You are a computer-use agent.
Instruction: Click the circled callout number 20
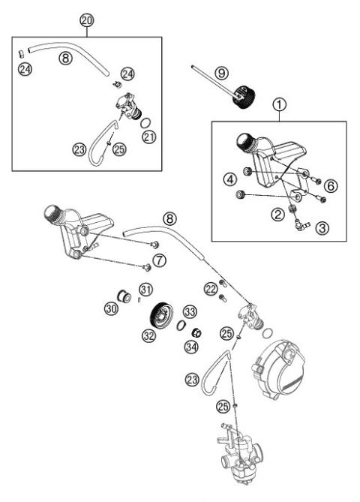tap(87, 21)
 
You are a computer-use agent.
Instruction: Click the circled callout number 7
tap(159, 260)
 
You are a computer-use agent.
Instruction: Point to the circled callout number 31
tap(145, 289)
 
